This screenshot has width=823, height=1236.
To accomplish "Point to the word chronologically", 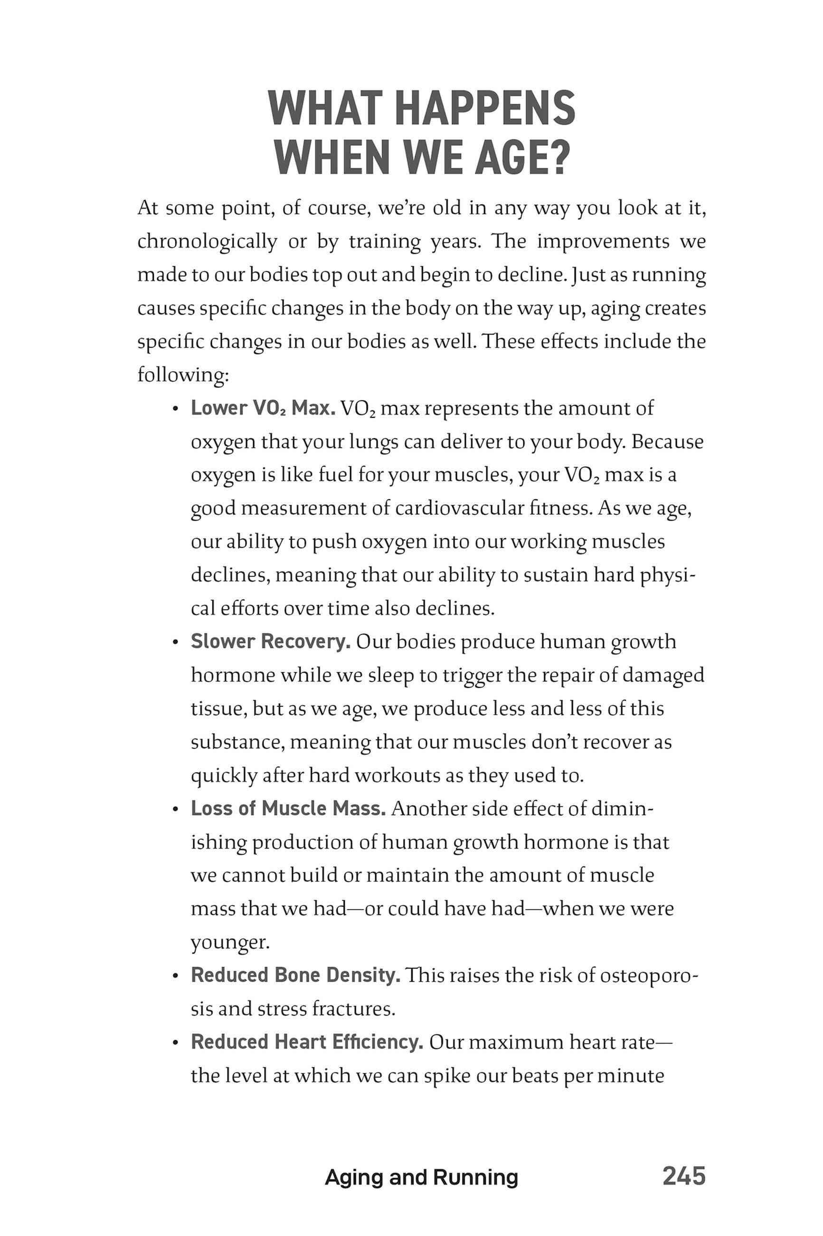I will [x=207, y=241].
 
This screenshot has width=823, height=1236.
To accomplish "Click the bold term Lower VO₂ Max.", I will [x=263, y=408].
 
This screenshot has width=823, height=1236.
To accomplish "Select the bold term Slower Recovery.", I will [x=270, y=641].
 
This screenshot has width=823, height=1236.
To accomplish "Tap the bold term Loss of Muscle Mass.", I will [x=288, y=809].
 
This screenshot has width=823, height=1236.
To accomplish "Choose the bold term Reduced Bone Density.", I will [x=295, y=975].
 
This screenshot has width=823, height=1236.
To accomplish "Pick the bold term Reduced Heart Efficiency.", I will [x=307, y=1042].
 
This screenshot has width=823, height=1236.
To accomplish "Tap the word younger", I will [x=230, y=942].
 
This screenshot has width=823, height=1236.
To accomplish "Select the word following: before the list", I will [x=183, y=375].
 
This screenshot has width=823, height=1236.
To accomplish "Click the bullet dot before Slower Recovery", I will [x=176, y=642].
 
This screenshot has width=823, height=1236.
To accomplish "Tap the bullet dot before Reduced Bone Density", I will [x=176, y=976].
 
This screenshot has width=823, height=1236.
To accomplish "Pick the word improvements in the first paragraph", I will [x=604, y=241].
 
